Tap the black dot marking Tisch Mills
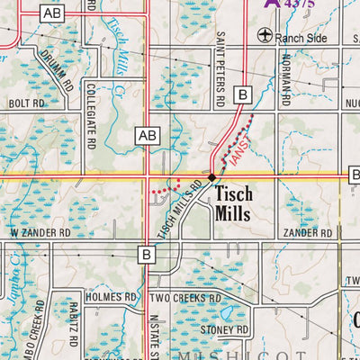point(211,178)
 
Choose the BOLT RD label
point(26,104)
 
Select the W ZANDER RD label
point(40,232)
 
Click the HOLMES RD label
point(111,296)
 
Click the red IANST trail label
point(237,143)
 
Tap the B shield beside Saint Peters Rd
point(242,94)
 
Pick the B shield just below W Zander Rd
point(146,255)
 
